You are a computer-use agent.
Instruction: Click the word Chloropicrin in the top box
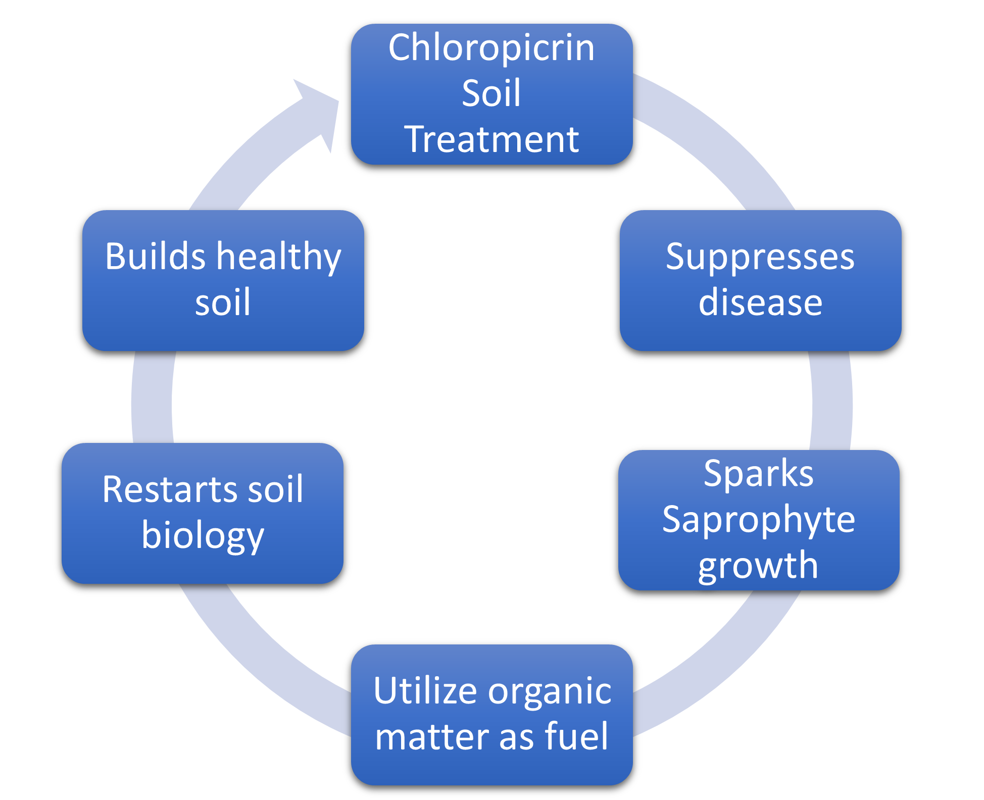(x=491, y=48)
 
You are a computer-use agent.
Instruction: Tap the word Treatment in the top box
(x=491, y=139)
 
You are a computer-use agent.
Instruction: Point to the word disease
(x=760, y=303)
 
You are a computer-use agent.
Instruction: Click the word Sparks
(x=758, y=474)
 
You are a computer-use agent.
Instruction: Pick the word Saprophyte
(x=758, y=520)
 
